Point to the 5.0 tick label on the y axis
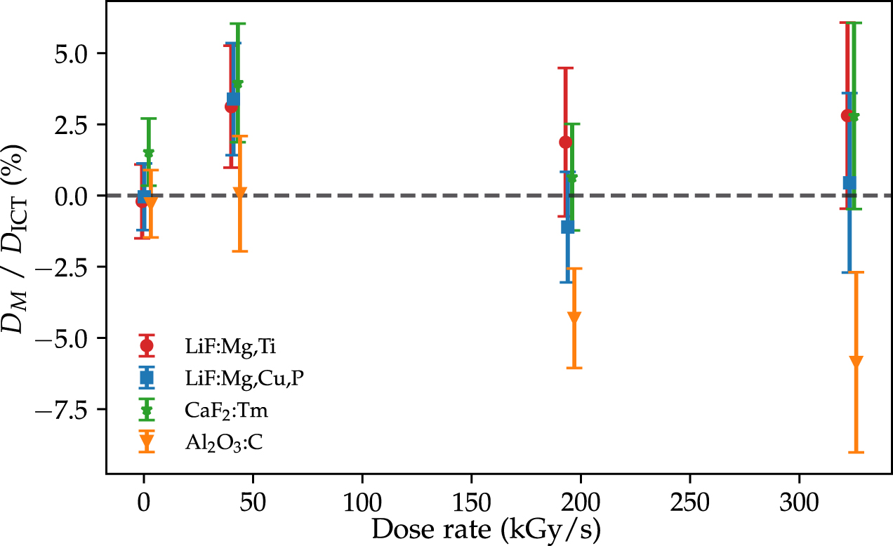(79, 53)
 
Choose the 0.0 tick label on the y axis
(79, 196)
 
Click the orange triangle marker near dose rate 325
(856, 361)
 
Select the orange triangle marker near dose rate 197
(574, 317)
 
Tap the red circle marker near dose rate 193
(565, 142)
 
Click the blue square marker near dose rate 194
(568, 227)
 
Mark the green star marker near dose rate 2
(148, 153)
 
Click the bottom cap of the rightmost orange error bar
(856, 453)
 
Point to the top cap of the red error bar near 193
(565, 68)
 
